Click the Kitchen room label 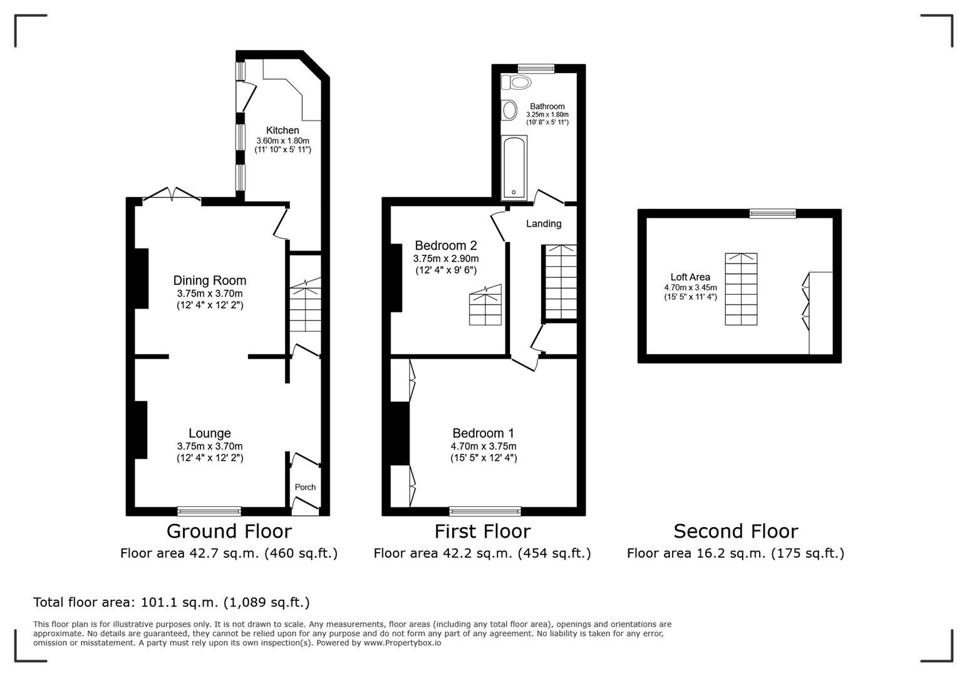click(282, 130)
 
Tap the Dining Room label click(209, 280)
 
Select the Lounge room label click(209, 433)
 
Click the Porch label click(305, 487)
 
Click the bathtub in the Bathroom click(514, 168)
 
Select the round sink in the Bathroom click(509, 110)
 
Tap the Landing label click(543, 223)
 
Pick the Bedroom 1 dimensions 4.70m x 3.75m click(483, 446)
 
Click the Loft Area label click(690, 277)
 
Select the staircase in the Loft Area click(741, 289)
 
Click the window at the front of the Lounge click(209, 511)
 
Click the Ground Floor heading click(229, 531)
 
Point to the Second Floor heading click(735, 531)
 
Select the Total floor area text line click(171, 602)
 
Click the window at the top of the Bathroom click(536, 68)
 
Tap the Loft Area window click(773, 213)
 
